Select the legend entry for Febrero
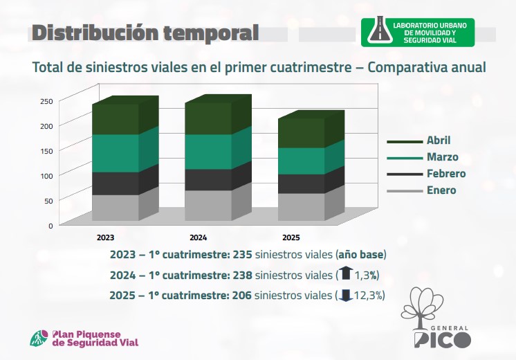point(426,174)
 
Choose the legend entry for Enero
point(421,190)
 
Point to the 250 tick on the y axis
point(46,101)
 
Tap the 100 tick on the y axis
point(46,176)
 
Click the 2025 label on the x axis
point(291,237)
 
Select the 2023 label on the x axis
point(105,237)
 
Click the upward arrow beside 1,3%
point(346,273)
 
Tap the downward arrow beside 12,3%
point(346,296)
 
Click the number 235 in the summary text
point(243,255)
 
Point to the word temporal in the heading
point(210,33)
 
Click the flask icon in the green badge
point(380,30)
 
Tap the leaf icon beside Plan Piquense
point(39,339)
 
